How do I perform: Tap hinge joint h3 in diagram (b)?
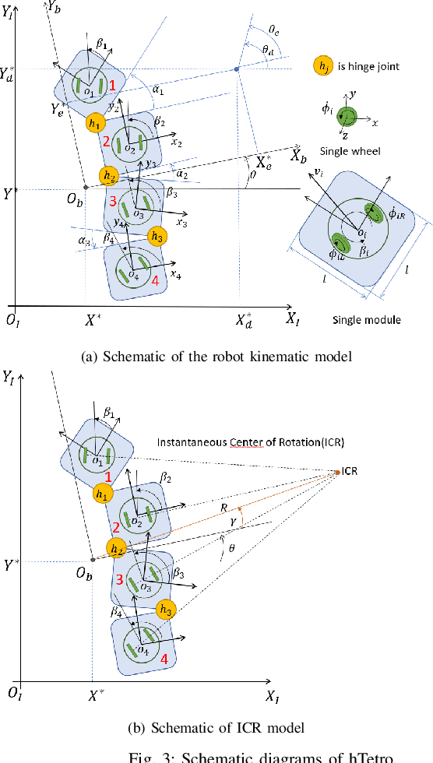[x=165, y=608]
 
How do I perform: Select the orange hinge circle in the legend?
[x=322, y=65]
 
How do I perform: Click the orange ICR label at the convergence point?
[x=350, y=472]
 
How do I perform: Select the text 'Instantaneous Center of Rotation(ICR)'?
[x=240, y=442]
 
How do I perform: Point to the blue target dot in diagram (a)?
[x=237, y=69]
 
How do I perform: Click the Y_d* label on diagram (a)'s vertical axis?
[x=9, y=73]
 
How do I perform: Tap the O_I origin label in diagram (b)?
[x=12, y=691]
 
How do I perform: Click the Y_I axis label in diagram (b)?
[x=9, y=378]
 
